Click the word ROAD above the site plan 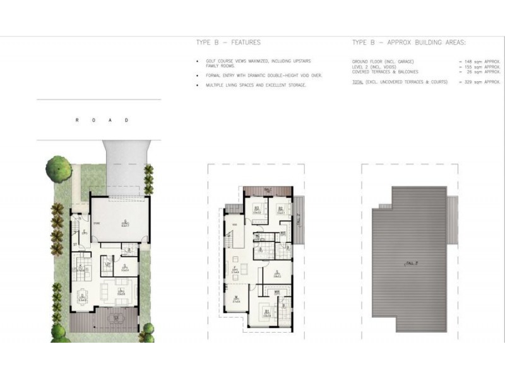(x=101, y=120)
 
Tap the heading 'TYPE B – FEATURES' (x=229, y=43)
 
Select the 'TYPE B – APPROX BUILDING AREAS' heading (x=408, y=43)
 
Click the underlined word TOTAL (x=357, y=82)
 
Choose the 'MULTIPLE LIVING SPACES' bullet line (x=256, y=84)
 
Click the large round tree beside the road (x=59, y=169)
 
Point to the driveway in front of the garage (x=126, y=167)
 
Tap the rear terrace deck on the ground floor (x=104, y=320)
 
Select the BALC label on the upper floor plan (x=267, y=190)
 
